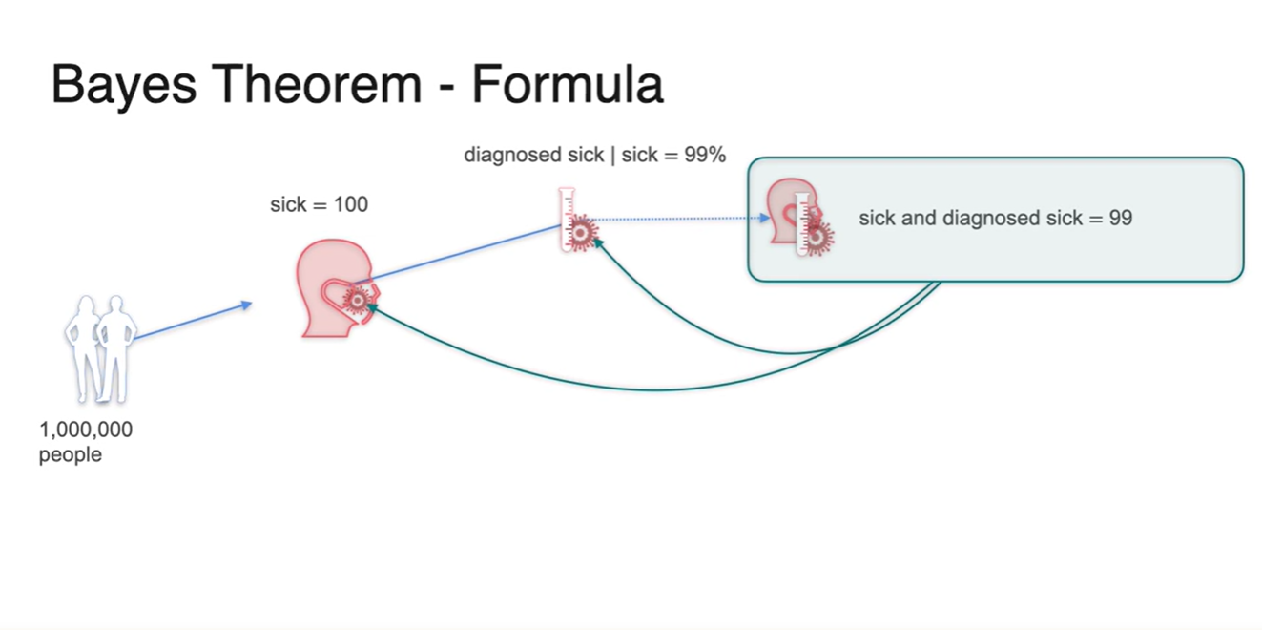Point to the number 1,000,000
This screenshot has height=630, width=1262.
(x=86, y=430)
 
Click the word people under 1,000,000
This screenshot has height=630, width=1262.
(x=70, y=455)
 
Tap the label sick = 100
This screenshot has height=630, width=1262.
(x=319, y=204)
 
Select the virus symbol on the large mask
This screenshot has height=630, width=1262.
(x=357, y=301)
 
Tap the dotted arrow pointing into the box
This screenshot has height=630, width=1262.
(x=677, y=219)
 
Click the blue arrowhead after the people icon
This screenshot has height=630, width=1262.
(x=247, y=304)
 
